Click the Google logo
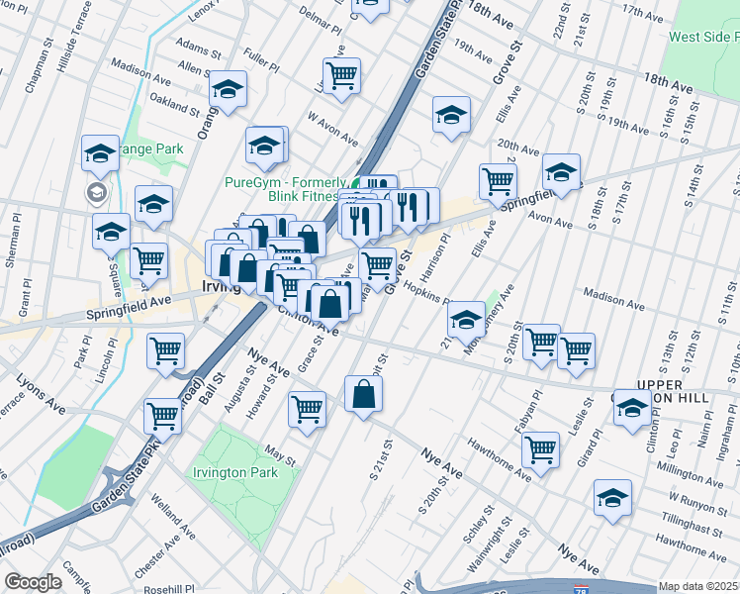pos(33,582)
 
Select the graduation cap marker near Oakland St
pos(229,92)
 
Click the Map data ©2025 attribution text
pos(698,586)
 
